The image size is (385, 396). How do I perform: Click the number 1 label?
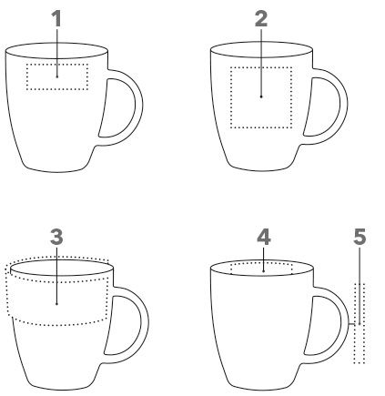click(x=56, y=18)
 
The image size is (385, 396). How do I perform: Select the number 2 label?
click(x=261, y=19)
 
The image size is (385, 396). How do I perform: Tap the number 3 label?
click(x=56, y=237)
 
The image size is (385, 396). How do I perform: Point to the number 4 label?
click(x=264, y=237)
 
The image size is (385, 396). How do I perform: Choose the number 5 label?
click(x=360, y=237)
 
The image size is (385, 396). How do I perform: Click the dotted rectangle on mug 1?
click(x=57, y=64)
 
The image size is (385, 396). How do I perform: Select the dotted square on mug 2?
click(x=261, y=67)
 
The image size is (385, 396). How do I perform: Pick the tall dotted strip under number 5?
click(x=355, y=323)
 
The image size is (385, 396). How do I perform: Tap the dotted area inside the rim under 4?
click(x=261, y=264)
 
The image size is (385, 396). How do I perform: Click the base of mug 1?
click(x=57, y=170)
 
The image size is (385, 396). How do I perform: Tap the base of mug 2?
click(x=261, y=169)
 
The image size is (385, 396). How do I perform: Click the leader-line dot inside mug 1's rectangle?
click(x=57, y=76)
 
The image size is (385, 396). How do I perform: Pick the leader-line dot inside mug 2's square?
click(x=261, y=96)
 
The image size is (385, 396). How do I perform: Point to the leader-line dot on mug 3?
click(x=56, y=304)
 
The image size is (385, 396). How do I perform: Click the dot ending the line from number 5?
click(x=360, y=324)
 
